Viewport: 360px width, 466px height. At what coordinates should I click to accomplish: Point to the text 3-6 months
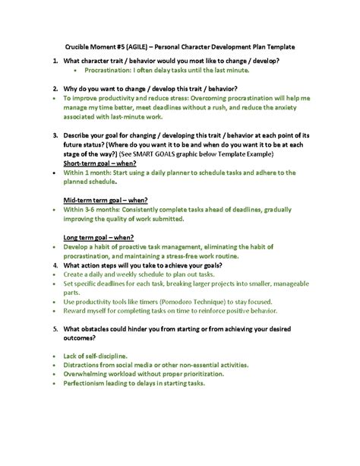(x=102, y=209)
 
